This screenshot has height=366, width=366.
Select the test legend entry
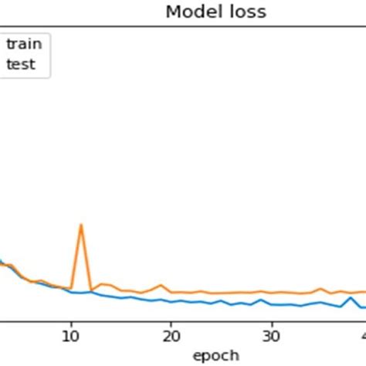coord(21,64)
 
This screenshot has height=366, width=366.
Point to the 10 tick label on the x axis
coord(71,337)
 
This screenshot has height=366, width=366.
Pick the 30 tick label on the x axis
coord(270,337)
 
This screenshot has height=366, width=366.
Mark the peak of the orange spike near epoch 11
coord(81,225)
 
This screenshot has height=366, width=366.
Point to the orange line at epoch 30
coord(270,293)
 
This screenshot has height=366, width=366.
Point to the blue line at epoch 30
coord(270,304)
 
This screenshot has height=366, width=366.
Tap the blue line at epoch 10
coord(71,292)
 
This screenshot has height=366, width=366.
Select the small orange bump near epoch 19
coord(161,285)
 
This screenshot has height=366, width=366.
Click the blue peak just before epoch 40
coord(351,297)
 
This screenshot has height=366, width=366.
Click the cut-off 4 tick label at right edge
coord(362,337)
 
